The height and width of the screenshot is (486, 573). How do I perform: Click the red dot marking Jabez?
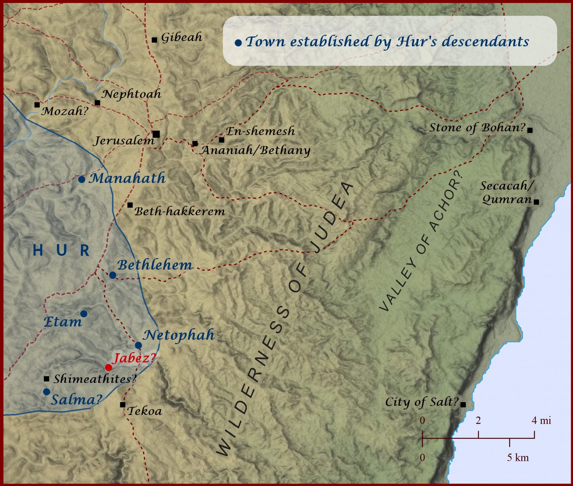coord(109,367)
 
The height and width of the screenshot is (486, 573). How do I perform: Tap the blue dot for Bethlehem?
coord(113,275)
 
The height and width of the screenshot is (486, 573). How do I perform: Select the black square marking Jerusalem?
coord(156,134)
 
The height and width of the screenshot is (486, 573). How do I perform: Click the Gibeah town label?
coord(182,37)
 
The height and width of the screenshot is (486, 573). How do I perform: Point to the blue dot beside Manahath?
coord(82,180)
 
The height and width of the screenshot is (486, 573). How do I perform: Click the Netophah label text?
coord(178,335)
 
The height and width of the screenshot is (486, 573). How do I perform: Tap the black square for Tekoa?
coord(123,405)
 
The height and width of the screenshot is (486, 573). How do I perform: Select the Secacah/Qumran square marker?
coord(536,202)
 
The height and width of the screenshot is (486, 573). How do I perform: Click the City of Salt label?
coord(422,402)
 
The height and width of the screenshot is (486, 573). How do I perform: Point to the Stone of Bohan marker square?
coord(530,130)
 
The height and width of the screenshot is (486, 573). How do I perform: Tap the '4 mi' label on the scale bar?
coord(541,420)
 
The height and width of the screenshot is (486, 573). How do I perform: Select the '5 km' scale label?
coord(517,457)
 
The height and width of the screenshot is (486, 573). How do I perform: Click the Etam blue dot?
coord(84,314)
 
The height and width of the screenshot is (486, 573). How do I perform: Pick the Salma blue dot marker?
coord(46,391)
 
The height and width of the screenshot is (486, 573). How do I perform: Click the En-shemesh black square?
coord(221,140)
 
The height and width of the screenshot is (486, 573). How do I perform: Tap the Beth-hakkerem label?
coord(179,211)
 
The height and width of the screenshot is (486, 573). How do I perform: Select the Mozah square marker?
coord(37,105)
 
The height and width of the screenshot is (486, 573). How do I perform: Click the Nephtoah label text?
coord(132,94)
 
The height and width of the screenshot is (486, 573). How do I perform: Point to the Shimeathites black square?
coord(46,379)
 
